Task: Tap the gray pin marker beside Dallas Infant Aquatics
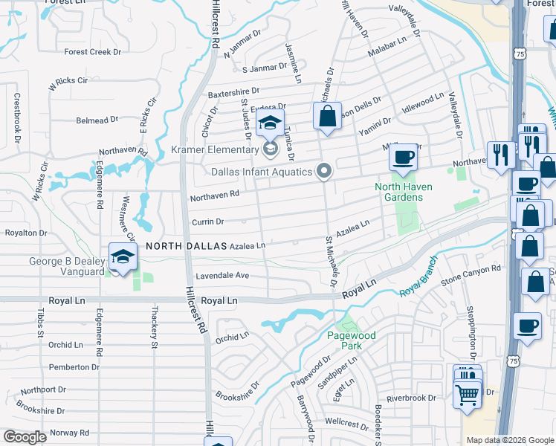point(323,172)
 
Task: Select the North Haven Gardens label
point(399,192)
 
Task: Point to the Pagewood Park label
point(352,340)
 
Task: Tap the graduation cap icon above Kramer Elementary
point(271,123)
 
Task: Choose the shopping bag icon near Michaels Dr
point(327,116)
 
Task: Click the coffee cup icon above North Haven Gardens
point(404,157)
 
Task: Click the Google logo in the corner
point(25,437)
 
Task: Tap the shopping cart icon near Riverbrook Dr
point(467,395)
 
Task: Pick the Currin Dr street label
point(208,222)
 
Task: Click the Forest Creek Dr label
point(92,52)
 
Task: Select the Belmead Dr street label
point(97,120)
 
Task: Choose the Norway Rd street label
point(70,433)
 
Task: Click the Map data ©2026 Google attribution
point(510,440)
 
